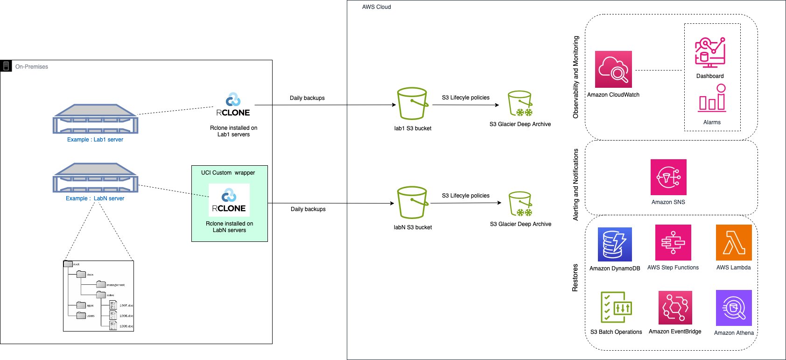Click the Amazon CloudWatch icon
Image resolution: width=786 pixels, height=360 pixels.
click(613, 69)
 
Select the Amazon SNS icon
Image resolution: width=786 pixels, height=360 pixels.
click(668, 177)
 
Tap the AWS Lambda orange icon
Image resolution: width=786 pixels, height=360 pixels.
click(734, 242)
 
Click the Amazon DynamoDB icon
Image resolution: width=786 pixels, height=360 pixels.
click(615, 244)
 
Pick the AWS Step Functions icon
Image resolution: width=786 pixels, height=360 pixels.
click(673, 242)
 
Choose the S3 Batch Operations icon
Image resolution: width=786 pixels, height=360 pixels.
click(616, 307)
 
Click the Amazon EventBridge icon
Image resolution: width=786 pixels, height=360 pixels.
click(675, 307)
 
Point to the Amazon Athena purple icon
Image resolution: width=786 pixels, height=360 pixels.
click(734, 308)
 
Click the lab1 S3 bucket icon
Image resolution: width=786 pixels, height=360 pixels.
click(412, 104)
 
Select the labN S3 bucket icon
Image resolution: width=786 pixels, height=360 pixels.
click(412, 202)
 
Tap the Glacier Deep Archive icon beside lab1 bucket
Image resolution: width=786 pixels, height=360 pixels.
click(520, 103)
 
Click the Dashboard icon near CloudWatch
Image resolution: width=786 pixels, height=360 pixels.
click(710, 53)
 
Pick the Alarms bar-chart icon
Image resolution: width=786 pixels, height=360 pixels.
click(712, 99)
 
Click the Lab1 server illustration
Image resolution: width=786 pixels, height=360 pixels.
click(95, 119)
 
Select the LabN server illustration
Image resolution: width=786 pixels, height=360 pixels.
click(95, 177)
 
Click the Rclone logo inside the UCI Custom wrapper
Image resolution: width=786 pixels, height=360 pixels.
click(229, 200)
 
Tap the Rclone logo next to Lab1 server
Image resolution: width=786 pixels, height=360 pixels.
click(233, 105)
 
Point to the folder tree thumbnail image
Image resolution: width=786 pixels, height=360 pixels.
click(98, 296)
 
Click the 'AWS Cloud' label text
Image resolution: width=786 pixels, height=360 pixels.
click(376, 7)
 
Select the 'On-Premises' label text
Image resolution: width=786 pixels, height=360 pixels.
click(32, 67)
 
